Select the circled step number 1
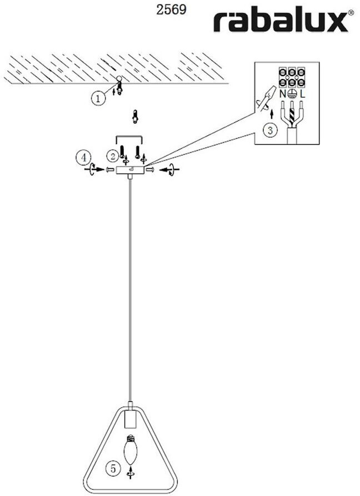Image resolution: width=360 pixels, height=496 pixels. click(98, 98)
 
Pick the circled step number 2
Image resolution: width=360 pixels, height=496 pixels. click(113, 156)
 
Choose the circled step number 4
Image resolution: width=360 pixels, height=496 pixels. click(83, 158)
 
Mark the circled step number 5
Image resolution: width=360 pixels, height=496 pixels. click(113, 469)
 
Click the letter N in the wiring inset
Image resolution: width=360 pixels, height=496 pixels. click(283, 94)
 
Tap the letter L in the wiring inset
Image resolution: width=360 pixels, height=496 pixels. click(302, 94)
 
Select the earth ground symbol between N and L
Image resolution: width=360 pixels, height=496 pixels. click(292, 94)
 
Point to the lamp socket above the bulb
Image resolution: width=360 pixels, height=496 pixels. click(131, 418)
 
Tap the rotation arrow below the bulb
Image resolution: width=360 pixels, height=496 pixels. click(131, 473)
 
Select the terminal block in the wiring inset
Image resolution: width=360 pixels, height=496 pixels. click(292, 77)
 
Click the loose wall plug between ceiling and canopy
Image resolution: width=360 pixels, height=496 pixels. click(134, 117)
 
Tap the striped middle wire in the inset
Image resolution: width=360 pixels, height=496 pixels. click(292, 116)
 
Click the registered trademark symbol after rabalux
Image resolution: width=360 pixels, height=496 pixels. click(350, 13)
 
